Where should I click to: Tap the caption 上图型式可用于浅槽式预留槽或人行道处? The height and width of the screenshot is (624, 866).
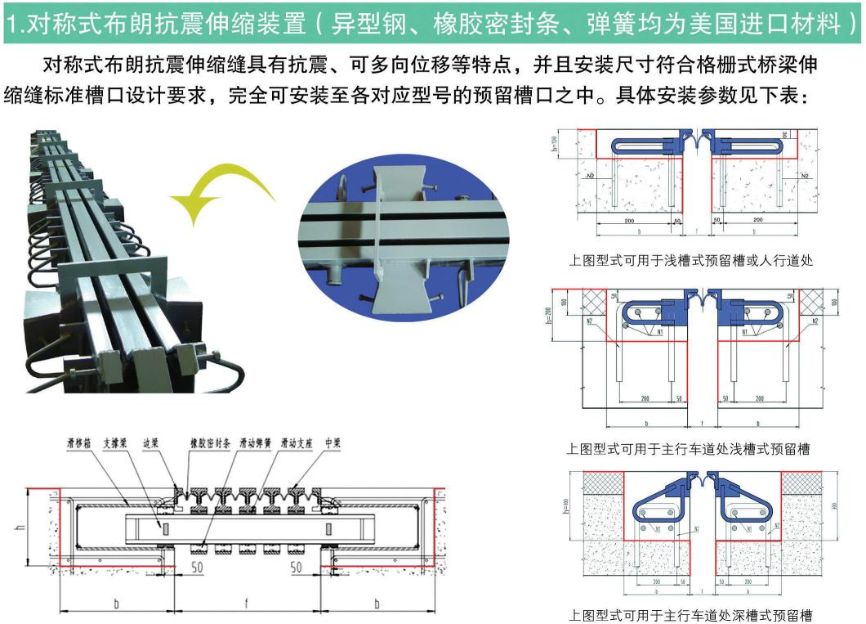point(690,261)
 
